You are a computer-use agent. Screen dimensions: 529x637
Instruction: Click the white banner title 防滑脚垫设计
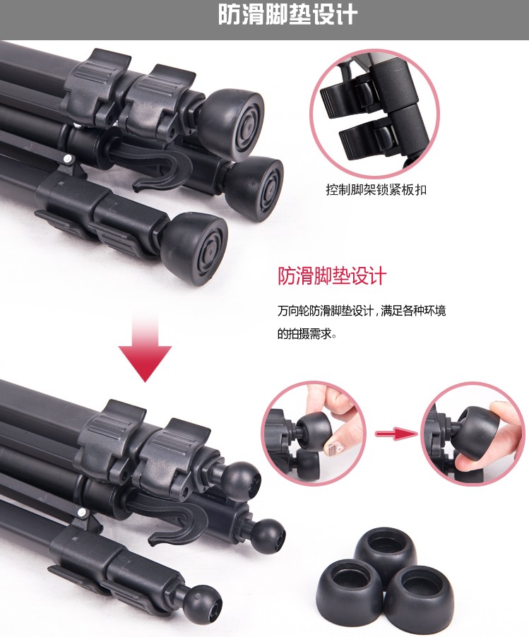click(287, 15)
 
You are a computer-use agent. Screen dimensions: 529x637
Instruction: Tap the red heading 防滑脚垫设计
click(332, 276)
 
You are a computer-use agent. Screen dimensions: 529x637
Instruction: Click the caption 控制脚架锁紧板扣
click(376, 189)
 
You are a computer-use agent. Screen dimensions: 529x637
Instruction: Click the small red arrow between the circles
click(396, 434)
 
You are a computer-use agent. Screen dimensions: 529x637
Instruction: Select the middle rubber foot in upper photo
click(256, 188)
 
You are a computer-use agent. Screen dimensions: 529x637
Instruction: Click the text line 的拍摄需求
click(307, 334)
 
